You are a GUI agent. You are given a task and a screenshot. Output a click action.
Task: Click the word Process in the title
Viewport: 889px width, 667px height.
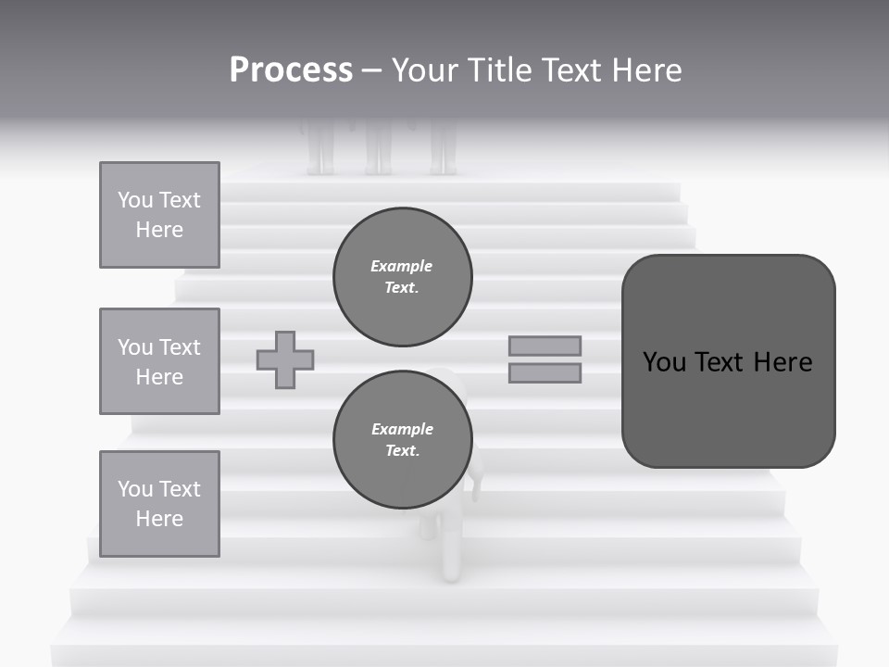(291, 70)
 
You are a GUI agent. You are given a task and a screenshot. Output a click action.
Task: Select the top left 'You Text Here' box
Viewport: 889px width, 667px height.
(159, 215)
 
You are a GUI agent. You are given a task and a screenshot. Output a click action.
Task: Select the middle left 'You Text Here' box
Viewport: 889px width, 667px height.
(159, 361)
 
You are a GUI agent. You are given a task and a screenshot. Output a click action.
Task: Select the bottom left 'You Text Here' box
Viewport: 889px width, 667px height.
(159, 503)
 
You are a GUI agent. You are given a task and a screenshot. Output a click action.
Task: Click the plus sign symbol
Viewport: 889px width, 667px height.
(285, 359)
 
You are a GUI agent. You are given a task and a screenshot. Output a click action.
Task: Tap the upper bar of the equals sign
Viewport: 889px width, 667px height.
(545, 346)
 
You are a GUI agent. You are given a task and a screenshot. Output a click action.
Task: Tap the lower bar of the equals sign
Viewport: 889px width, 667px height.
(545, 372)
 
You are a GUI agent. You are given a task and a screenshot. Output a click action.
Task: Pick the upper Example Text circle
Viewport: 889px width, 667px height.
(403, 277)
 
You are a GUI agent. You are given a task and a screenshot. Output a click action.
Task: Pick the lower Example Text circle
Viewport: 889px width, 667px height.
(403, 440)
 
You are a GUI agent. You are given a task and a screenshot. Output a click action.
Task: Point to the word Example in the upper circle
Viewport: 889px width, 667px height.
(401, 266)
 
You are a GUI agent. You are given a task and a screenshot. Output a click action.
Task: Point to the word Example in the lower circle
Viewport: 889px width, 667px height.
(402, 429)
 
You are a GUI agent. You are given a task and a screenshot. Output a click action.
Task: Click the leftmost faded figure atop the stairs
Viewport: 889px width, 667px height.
(320, 148)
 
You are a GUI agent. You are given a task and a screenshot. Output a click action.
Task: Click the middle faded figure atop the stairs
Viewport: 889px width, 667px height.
(377, 148)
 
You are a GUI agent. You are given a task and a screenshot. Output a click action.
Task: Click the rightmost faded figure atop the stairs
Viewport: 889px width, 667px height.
(443, 148)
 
